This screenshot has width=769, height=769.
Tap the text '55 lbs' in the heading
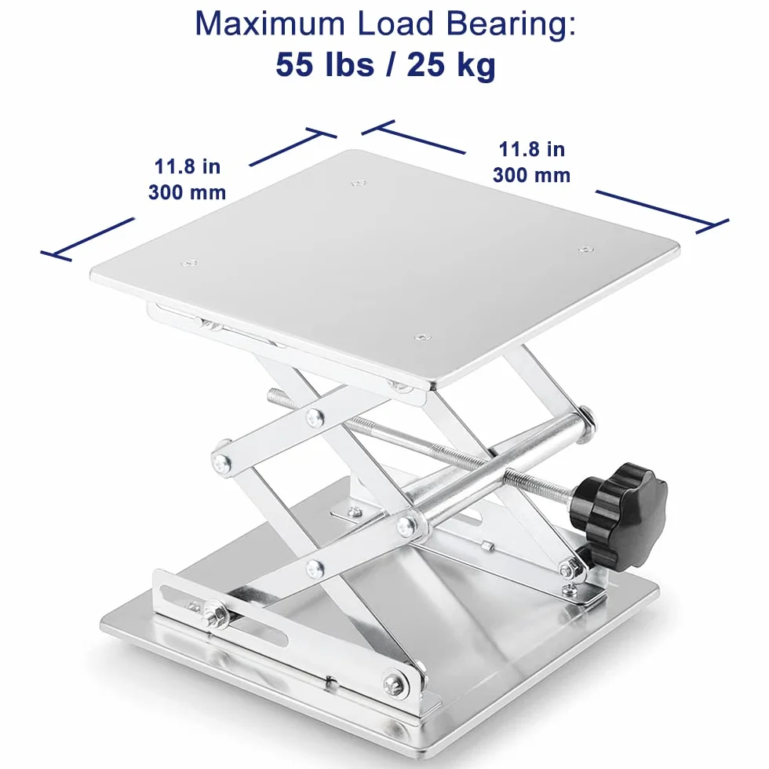[324, 64]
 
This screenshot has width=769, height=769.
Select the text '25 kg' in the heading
[451, 65]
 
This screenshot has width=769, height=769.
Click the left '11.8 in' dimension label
[188, 166]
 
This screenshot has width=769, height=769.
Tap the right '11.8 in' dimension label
[532, 149]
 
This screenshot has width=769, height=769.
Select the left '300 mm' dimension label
[188, 192]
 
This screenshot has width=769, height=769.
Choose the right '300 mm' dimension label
[532, 175]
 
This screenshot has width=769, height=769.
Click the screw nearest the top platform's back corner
[359, 184]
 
